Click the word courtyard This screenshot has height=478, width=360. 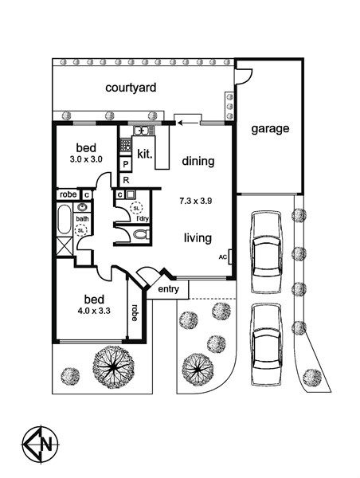pyautogui.click(x=131, y=88)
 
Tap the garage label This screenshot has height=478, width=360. pyautogui.click(x=270, y=128)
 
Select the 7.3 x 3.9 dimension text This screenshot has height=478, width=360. pyautogui.click(x=195, y=202)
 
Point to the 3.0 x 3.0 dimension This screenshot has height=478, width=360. pyautogui.click(x=86, y=159)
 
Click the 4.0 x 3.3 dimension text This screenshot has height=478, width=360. pyautogui.click(x=93, y=311)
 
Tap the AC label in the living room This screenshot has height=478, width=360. pyautogui.click(x=223, y=257)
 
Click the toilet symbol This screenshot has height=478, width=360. pyautogui.click(x=141, y=235)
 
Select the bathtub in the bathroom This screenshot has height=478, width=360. pyautogui.click(x=65, y=220)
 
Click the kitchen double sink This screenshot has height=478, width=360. pyautogui.click(x=142, y=131)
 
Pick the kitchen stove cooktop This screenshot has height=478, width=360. pyautogui.click(x=125, y=145)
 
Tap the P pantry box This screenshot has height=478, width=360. pyautogui.click(x=125, y=165)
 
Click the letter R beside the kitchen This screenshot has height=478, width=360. pyautogui.click(x=126, y=180)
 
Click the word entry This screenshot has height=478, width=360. pyautogui.click(x=168, y=289)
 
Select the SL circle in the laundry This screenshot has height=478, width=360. pyautogui.click(x=136, y=208)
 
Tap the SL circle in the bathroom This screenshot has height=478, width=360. pyautogui.click(x=80, y=230)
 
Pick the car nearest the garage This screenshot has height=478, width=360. pyautogui.click(x=266, y=252)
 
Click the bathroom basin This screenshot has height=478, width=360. pyautogui.click(x=82, y=207)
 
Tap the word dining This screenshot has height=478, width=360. pyautogui.click(x=198, y=161)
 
